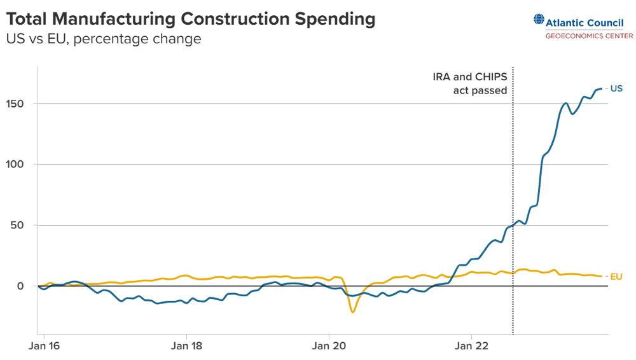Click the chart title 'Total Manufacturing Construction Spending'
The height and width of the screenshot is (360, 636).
coord(190,19)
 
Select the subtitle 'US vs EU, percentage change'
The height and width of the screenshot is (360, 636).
coord(104,39)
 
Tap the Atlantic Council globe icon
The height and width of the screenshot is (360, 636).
coord(539,21)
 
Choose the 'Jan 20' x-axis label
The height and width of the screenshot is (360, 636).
coord(329,346)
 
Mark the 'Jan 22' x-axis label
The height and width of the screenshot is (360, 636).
coord(471,346)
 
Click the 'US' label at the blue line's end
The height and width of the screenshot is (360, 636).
coord(616,88)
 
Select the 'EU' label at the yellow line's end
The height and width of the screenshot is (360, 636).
coord(616,277)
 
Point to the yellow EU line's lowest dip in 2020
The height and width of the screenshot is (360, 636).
coord(352,312)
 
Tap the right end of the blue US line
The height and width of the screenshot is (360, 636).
coord(601,88)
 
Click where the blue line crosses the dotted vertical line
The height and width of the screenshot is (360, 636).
coord(513,225)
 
